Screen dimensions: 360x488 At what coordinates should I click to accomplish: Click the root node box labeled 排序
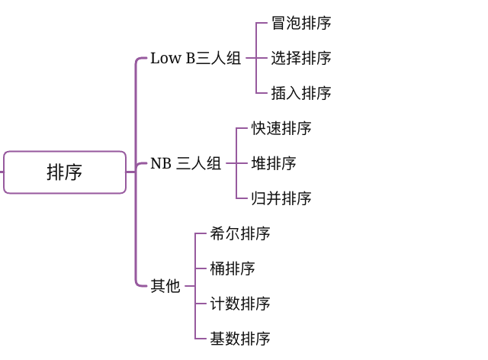click(x=65, y=172)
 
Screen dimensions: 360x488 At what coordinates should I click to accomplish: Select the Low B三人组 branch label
click(x=195, y=59)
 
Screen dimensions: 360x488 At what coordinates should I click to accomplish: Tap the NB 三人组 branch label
click(x=185, y=163)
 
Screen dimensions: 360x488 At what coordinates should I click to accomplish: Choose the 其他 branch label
click(x=165, y=286)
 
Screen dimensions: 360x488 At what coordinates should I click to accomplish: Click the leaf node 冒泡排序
click(x=301, y=24)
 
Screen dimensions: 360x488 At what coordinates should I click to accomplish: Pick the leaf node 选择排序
click(x=301, y=59)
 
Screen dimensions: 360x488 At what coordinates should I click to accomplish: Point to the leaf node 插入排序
click(x=301, y=94)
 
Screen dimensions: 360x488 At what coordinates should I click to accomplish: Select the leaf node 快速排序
click(x=281, y=128)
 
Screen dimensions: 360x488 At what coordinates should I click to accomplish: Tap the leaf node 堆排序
click(x=274, y=163)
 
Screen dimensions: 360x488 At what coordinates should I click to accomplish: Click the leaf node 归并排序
click(x=281, y=198)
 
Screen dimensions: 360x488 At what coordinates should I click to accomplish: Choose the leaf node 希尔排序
click(x=240, y=233)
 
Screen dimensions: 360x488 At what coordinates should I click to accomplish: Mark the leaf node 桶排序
click(x=233, y=268)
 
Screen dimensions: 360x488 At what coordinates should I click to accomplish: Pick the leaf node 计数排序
click(x=240, y=304)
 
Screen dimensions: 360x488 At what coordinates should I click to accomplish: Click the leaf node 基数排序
click(x=240, y=339)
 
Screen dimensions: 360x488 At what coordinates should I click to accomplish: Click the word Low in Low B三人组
click(x=165, y=59)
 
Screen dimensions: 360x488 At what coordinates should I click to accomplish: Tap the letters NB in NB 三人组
click(x=160, y=163)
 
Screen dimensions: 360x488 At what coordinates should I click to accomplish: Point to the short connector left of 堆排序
click(x=242, y=163)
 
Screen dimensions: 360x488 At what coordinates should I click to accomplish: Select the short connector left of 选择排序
click(x=262, y=59)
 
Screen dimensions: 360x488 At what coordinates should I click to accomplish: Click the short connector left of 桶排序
click(x=201, y=268)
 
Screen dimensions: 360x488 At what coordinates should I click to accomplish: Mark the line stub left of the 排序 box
click(x=2, y=172)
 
